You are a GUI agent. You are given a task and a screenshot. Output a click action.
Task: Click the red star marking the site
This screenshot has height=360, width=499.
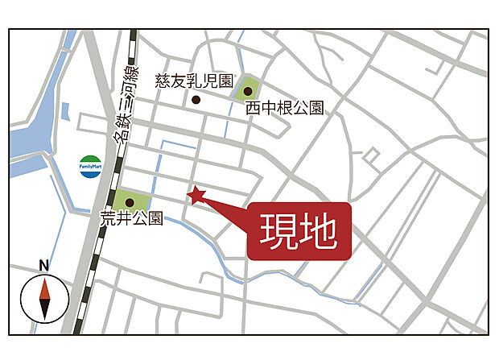point(196,194)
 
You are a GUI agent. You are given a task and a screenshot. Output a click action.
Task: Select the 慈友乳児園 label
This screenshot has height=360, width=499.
point(194,81)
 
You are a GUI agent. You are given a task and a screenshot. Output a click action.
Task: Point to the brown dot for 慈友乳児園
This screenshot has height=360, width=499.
point(196,100)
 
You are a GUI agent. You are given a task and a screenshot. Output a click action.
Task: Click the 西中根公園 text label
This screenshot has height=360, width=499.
point(284,107)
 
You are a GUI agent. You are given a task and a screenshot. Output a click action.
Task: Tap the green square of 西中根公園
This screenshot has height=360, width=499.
point(248,89)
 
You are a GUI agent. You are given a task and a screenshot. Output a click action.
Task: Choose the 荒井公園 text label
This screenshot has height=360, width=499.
point(132,217)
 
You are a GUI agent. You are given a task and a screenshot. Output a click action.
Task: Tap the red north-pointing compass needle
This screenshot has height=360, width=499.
point(44,288)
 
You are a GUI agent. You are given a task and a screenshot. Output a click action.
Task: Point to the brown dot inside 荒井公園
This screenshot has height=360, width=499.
point(129,202)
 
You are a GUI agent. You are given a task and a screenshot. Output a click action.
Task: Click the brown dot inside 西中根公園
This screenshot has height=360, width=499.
point(248,91)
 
